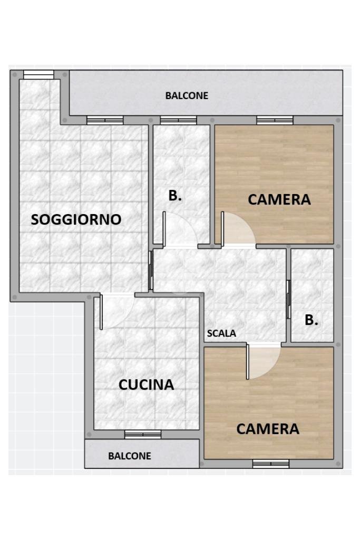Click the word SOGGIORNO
[x=76, y=219]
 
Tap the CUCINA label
[x=146, y=384]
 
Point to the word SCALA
[x=221, y=333]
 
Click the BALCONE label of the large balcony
[x=187, y=96]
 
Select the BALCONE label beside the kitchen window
[x=130, y=456]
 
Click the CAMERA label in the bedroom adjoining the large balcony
[x=279, y=200]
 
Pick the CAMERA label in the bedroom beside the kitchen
[x=268, y=429]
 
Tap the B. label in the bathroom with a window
[x=175, y=196]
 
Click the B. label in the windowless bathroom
[x=312, y=320]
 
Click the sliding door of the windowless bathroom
[x=288, y=299]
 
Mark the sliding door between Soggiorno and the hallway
[x=151, y=270]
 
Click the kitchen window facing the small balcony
[x=143, y=434]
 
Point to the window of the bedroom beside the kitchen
[x=270, y=464]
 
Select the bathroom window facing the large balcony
[x=178, y=120]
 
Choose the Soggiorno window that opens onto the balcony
[x=105, y=120]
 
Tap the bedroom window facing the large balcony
[x=275, y=120]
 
